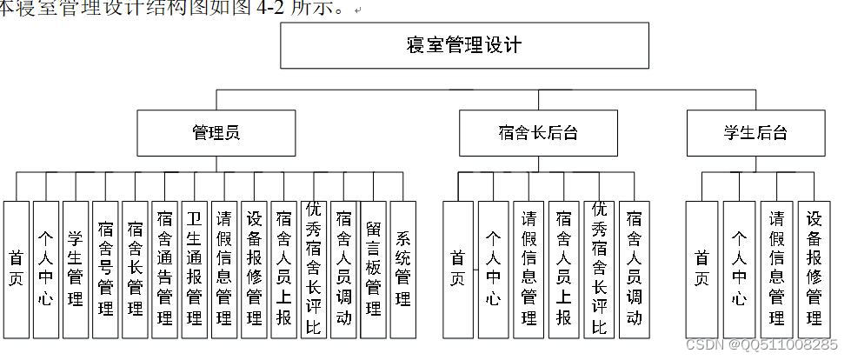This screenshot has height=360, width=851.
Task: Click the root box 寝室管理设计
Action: tap(464, 45)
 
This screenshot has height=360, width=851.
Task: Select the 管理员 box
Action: tap(216, 133)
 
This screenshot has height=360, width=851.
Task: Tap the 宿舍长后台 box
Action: tap(538, 133)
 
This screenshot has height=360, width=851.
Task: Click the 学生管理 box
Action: tap(76, 270)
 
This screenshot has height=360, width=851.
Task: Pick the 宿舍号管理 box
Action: tap(105, 270)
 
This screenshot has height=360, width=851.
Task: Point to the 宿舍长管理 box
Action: tap(135, 270)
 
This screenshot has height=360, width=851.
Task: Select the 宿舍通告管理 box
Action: tap(164, 270)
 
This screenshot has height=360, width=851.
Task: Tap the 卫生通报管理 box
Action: tap(194, 270)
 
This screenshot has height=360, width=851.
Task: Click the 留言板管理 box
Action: tap(373, 270)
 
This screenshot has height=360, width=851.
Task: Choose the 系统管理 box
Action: tap(403, 270)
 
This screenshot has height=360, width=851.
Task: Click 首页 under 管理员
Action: tap(17, 270)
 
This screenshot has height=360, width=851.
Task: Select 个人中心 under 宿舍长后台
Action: tap(493, 270)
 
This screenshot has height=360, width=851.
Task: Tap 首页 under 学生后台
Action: tap(701, 270)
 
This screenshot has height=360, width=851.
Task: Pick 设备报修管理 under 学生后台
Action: tap(814, 270)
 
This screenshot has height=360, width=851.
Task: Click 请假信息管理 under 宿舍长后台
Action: tap(529, 270)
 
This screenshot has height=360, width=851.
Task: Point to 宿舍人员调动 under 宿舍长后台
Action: tap(634, 270)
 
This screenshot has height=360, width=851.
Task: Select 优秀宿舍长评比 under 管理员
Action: tap(314, 270)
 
